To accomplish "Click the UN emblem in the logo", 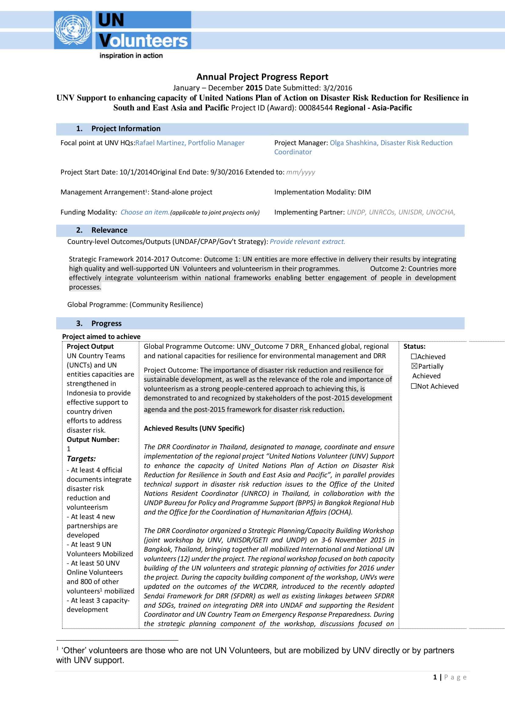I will click(73, 30).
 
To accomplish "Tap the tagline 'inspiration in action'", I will click(131, 56).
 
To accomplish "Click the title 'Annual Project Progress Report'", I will click(262, 77).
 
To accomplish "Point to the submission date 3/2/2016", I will click(337, 88).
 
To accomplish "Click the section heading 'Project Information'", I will click(125, 129).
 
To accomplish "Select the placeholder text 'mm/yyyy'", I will click(300, 172).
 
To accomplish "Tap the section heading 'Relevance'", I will click(109, 230).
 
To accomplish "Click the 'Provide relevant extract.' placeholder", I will click(307, 242).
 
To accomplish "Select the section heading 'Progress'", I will click(106, 323).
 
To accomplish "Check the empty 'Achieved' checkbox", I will click(414, 356).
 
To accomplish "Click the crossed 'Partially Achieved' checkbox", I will click(414, 367).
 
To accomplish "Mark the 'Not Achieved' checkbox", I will click(414, 386).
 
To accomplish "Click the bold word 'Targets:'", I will click(81, 459).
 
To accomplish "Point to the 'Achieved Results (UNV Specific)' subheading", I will click(194, 428).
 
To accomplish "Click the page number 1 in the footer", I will click(435, 677).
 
